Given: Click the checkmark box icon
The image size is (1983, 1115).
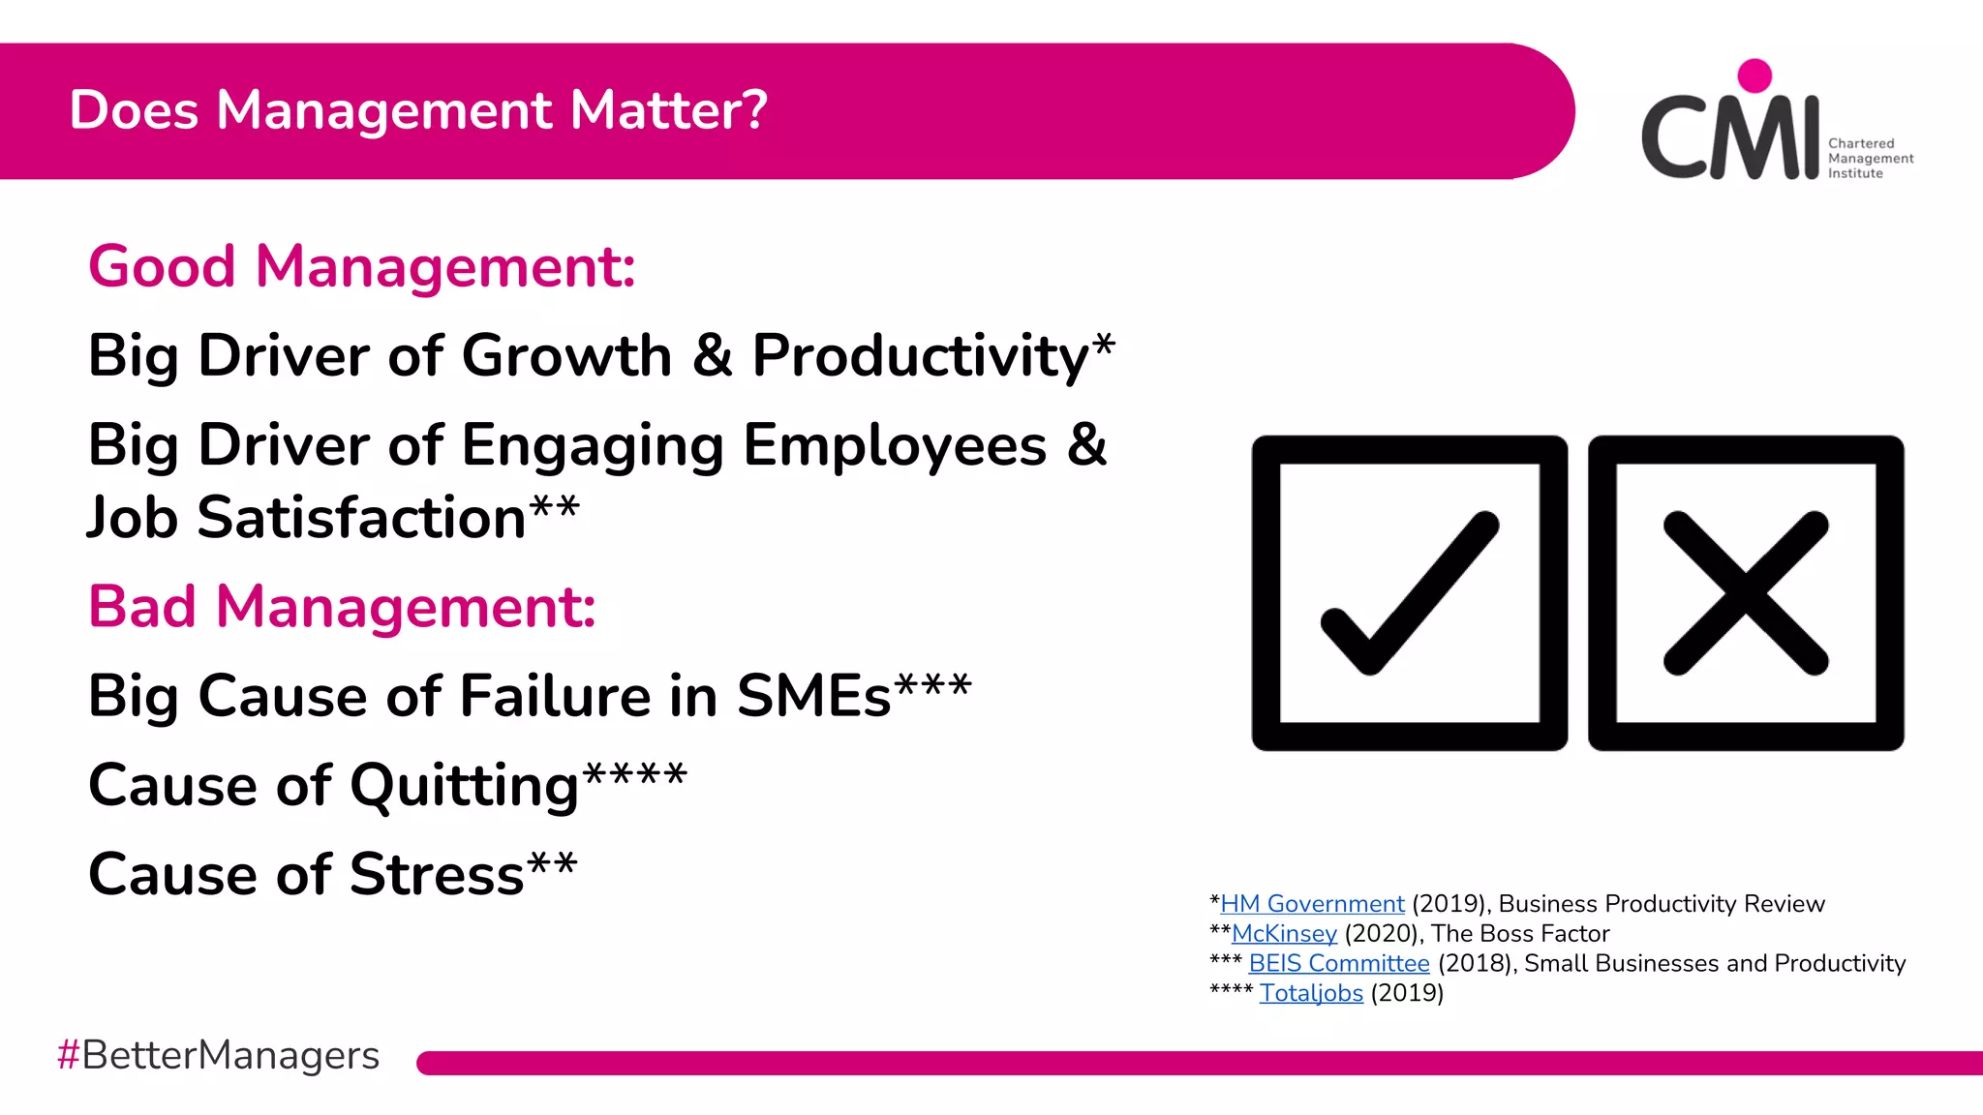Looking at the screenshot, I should [x=1409, y=592].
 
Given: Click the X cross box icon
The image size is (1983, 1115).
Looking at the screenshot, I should [x=1746, y=592].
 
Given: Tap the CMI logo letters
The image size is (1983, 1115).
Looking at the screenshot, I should [x=1729, y=136].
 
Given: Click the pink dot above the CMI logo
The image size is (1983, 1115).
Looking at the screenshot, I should [x=1754, y=75].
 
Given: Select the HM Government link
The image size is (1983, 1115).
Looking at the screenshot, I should [x=1312, y=904].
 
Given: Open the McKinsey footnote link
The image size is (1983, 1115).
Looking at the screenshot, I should [x=1284, y=934].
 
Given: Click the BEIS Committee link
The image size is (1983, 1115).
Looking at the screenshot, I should [x=1338, y=964].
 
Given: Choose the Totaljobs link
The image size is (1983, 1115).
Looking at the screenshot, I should [x=1311, y=994].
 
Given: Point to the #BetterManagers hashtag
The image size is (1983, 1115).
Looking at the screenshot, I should [x=218, y=1055].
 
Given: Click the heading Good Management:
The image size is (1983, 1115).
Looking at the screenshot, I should [x=361, y=266].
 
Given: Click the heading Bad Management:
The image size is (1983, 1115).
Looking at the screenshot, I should [x=342, y=607].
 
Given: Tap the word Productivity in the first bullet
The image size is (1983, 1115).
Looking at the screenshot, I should [x=921, y=356].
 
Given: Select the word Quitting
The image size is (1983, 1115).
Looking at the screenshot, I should [x=464, y=786].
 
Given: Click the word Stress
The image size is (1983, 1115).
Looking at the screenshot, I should [x=437, y=875].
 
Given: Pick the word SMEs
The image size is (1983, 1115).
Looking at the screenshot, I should [x=813, y=696].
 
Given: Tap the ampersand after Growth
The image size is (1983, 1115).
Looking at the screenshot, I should [x=712, y=356].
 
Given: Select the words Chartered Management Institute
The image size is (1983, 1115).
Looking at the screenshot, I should [x=1870, y=158].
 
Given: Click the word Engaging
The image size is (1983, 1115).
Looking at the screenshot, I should [x=593, y=447].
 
